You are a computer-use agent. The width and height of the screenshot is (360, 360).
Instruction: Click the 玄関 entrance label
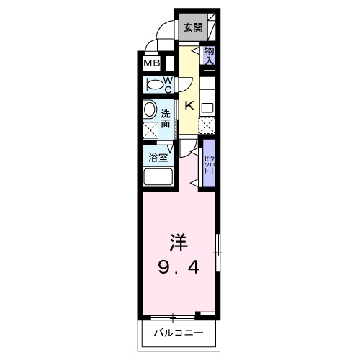pos(193,27)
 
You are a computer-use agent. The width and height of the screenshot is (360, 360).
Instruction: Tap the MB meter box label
pos(152,63)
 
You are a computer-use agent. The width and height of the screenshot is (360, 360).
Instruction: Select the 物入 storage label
pos(210,55)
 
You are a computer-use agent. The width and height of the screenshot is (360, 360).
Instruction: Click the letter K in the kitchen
pos(189,106)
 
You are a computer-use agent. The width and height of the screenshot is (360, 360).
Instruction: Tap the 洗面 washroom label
pos(166,118)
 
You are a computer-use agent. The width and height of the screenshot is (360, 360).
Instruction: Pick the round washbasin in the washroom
pos(150,109)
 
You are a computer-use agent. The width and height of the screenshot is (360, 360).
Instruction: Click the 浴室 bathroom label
pos(158,158)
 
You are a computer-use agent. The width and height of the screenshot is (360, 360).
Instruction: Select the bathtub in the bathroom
pos(158,176)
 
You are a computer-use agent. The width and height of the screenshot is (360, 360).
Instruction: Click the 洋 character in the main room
pos(179,243)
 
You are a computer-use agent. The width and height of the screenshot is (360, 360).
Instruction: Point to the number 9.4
pos(179,267)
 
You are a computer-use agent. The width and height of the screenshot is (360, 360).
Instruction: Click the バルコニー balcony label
pos(179,333)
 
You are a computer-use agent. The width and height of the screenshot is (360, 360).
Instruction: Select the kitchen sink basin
pos(207,108)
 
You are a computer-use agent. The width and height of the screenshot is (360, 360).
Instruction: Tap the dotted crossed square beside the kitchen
pos(207,125)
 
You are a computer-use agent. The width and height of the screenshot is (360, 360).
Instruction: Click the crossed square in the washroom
pos(150,130)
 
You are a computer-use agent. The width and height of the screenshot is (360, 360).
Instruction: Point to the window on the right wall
pos(217,253)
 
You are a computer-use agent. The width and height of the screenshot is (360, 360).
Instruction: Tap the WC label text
pos(168,85)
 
